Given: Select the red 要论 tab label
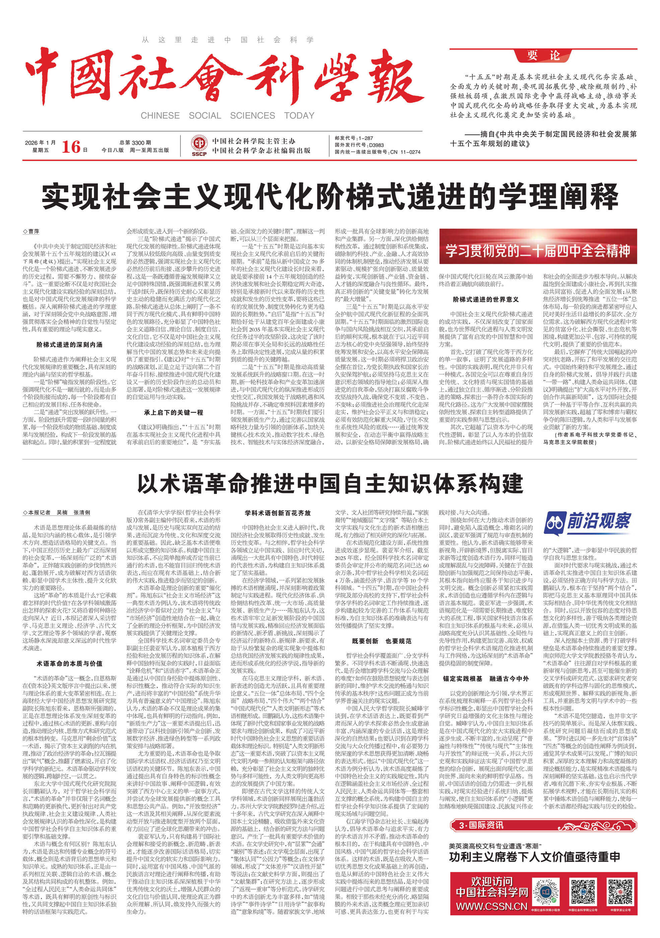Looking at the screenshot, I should pos(543,56).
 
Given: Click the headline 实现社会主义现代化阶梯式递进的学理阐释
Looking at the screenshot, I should pos(329,197).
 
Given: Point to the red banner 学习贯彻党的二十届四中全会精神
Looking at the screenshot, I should pos(538,251).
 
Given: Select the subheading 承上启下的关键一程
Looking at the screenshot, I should pos(173,412).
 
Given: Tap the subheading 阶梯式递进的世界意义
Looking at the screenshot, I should pos(485,299).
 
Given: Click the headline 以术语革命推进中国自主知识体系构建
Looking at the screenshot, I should pos(329,484).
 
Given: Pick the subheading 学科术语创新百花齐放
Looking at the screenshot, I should pos(277,513).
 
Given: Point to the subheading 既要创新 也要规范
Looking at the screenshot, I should pos(381,641).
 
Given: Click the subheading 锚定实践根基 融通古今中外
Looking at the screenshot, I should pos(485,679).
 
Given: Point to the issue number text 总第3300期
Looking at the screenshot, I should pos(135,143).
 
